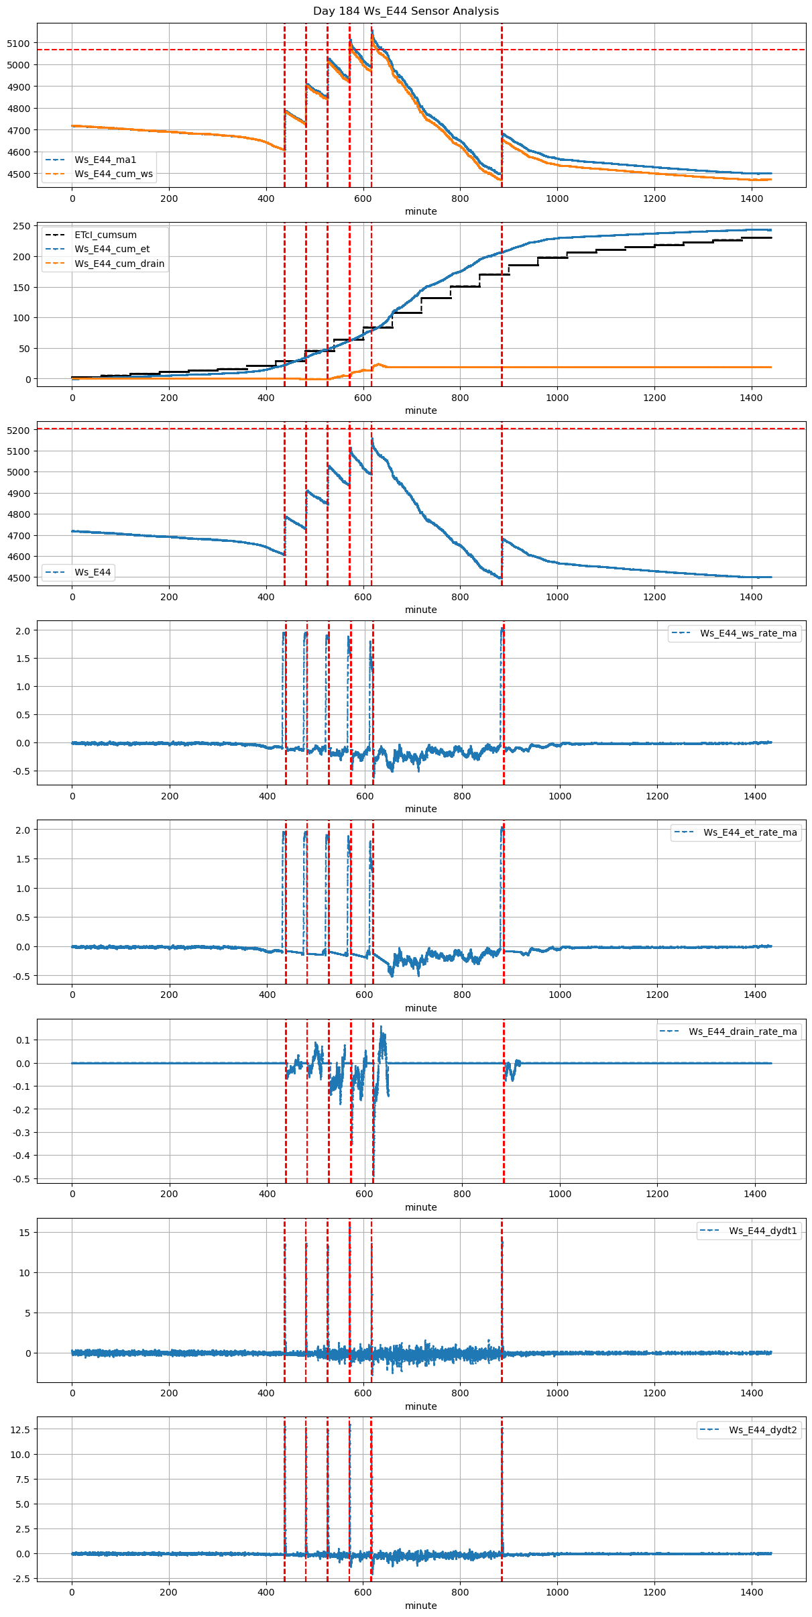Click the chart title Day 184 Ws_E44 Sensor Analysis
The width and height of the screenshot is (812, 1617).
point(406,11)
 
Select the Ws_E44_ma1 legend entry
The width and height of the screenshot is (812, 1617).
point(105,160)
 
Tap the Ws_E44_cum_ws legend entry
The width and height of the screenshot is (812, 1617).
point(113,174)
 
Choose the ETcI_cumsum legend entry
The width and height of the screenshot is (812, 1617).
point(105,235)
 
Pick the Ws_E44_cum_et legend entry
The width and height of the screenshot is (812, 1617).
point(112,249)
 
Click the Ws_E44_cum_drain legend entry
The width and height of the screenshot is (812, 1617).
point(119,264)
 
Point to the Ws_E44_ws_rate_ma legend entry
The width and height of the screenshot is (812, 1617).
point(748,633)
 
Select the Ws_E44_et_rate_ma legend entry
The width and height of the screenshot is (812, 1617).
point(750,832)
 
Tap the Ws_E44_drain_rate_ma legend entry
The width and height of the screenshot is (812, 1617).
point(742,1031)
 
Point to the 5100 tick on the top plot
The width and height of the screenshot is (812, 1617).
point(19,44)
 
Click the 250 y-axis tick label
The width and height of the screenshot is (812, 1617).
point(22,226)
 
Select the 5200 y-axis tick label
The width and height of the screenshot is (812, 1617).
point(19,431)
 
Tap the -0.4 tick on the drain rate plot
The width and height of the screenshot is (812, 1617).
point(21,1156)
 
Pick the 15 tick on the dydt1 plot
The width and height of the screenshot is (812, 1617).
point(25,1233)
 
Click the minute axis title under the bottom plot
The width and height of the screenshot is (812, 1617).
point(420,1606)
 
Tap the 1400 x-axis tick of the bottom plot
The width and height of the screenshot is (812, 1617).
point(751,1592)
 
